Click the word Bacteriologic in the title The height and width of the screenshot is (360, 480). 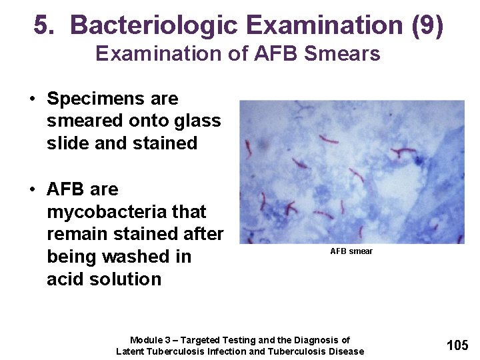[x=155, y=25]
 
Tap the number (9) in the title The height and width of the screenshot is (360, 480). [x=427, y=25]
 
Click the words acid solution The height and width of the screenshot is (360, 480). [x=104, y=279]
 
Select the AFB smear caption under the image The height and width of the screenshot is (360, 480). [x=351, y=251]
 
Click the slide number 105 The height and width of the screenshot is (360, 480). [x=457, y=345]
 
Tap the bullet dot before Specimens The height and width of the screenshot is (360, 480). [x=32, y=99]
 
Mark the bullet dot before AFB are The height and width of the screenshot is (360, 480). [x=32, y=190]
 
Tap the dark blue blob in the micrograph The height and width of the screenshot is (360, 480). [x=419, y=160]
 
